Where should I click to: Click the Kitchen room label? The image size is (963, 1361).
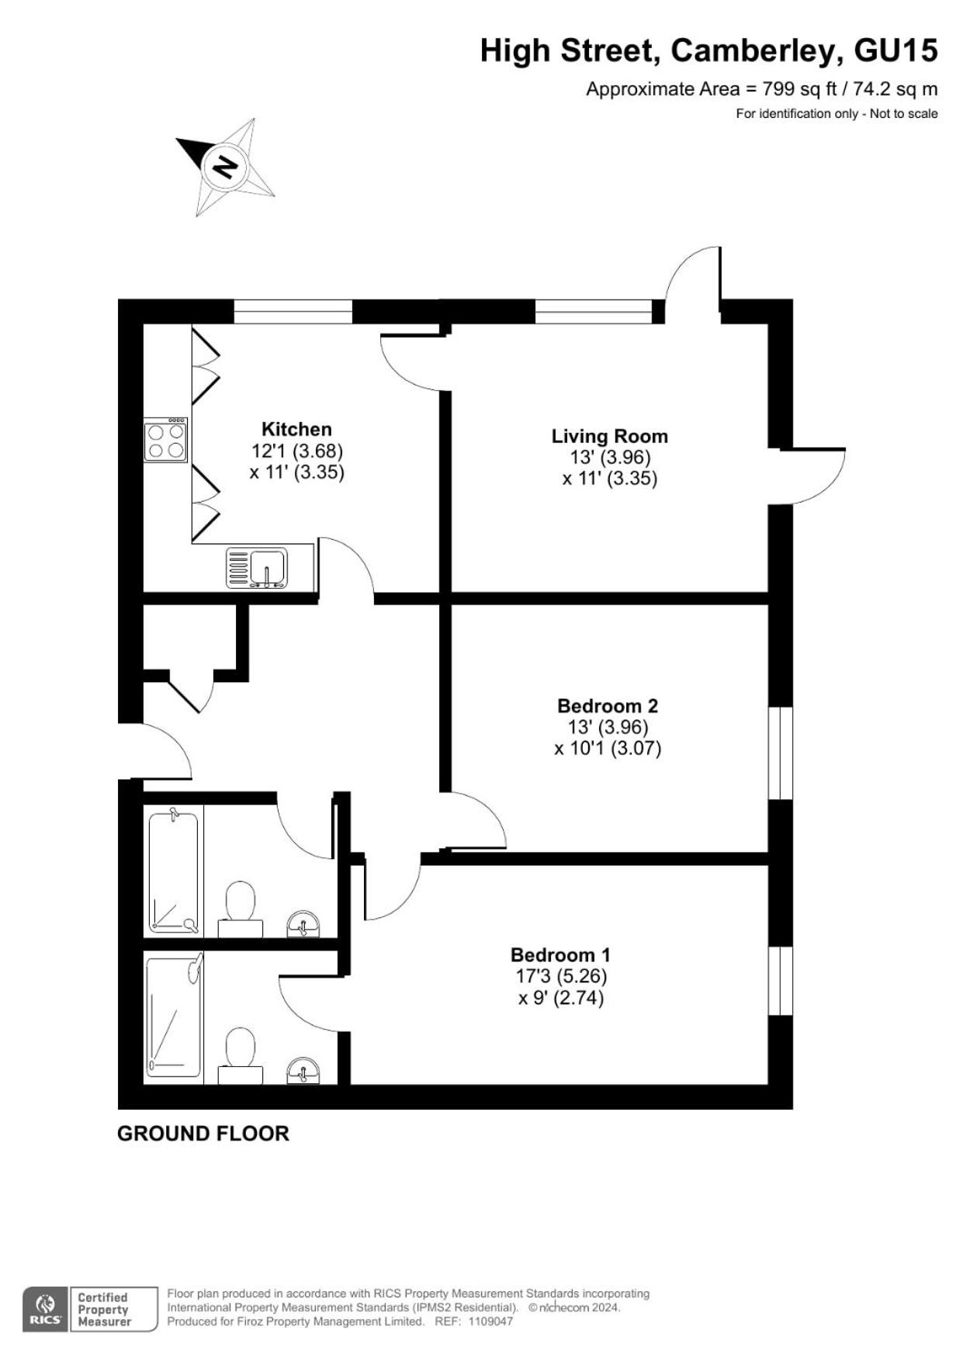point(296,429)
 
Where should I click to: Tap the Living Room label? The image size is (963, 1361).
point(610,436)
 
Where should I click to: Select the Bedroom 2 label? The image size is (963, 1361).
point(608,706)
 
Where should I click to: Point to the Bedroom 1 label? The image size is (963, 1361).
point(560,954)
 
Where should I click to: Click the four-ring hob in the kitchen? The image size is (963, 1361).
point(166,441)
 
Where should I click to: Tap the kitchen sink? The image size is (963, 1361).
point(257,568)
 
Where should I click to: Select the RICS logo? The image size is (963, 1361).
point(46,1309)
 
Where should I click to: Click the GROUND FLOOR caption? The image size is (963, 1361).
point(203,1134)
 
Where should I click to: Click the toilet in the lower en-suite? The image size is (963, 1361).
point(241,1056)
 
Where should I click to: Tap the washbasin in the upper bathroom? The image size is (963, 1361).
point(303,923)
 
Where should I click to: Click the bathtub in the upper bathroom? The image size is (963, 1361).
point(174,871)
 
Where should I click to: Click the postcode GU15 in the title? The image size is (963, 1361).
point(895,50)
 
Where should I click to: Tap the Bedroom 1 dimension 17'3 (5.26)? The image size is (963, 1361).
point(561,976)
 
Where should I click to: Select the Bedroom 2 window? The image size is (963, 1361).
point(781,753)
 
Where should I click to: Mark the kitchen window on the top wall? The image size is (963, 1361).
point(293,311)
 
